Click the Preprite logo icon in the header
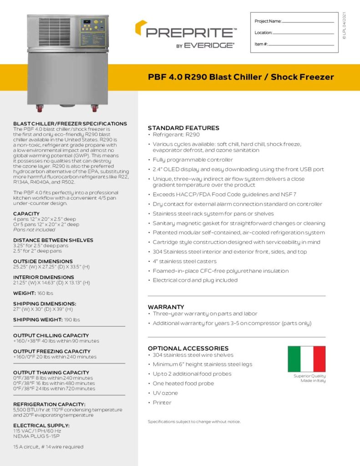coord(140,28)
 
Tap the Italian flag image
coord(306,359)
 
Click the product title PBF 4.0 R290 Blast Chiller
coord(241,77)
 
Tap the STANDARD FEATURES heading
coord(183,128)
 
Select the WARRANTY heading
coord(166,307)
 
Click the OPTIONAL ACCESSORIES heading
coord(188,348)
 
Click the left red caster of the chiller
coord(40,108)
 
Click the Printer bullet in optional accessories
coord(162,403)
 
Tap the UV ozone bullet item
coord(165,393)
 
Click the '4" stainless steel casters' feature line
coord(185,261)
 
